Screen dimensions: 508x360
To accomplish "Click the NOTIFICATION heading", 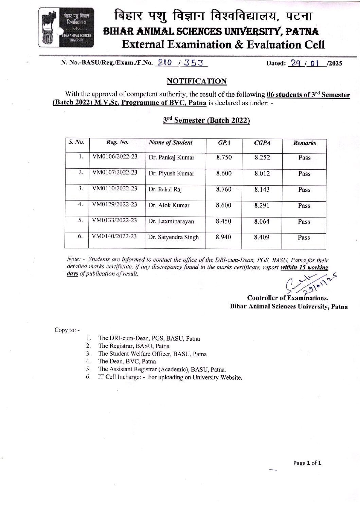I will (197, 81).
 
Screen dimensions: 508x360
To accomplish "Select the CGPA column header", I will (262, 143).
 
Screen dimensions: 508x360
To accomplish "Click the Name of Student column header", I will (170, 143).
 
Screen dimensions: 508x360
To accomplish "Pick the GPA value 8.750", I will (224, 157).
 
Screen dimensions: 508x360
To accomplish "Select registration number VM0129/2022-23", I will (115, 204).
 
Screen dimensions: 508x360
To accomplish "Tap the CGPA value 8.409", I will (262, 237).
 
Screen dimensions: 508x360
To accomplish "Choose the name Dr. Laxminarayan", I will (171, 221).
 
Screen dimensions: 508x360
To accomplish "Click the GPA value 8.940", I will (223, 237).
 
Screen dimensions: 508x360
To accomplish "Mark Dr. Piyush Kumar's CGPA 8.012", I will (262, 173).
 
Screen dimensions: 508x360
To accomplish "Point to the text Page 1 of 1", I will (307, 463).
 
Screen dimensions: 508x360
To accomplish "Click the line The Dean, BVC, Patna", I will (127, 361).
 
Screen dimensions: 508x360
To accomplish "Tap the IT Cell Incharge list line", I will (170, 377).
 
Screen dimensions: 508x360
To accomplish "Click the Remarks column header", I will (304, 143).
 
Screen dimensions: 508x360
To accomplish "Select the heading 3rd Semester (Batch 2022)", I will (206, 120).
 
